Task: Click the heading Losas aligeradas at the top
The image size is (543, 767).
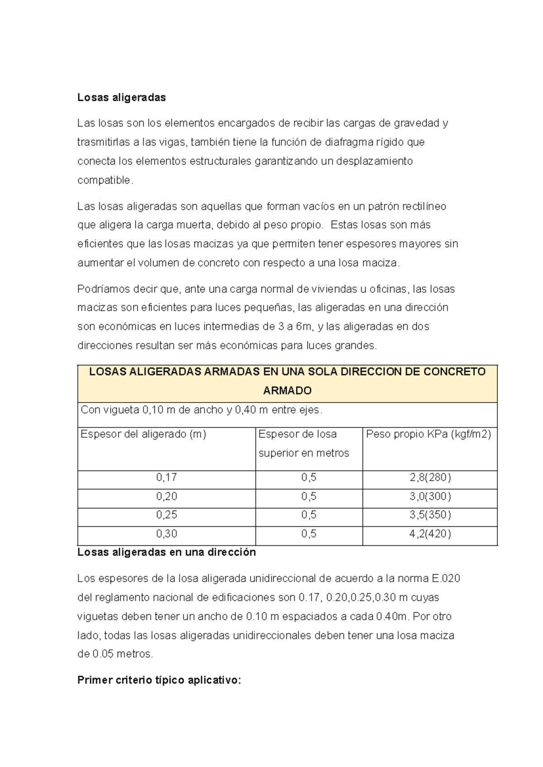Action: click(121, 97)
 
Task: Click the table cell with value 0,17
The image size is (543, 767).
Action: click(167, 477)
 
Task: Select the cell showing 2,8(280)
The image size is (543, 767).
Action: click(430, 477)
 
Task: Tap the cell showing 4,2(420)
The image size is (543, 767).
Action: click(430, 534)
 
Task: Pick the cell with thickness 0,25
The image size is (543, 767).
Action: click(167, 515)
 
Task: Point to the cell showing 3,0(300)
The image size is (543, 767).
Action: click(430, 496)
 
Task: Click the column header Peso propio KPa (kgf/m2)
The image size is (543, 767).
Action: click(428, 434)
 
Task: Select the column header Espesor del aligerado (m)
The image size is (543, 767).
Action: click(143, 434)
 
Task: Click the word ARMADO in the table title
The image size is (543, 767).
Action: click(287, 390)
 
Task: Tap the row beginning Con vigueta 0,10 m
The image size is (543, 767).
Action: click(201, 410)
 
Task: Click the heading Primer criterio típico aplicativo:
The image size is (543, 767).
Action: click(159, 680)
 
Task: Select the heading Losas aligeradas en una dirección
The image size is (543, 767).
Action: click(167, 552)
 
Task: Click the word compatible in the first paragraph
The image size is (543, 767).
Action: click(104, 180)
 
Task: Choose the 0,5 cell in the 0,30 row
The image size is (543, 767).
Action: click(309, 534)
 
